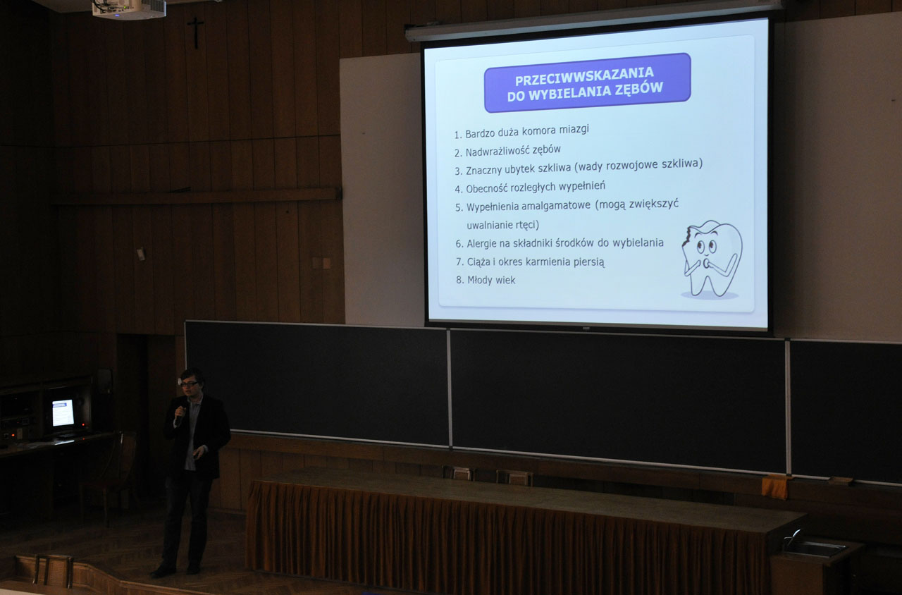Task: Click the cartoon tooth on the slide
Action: [712, 258]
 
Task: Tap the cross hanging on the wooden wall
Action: [196, 32]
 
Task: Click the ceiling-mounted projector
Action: [129, 8]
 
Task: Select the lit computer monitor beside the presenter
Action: [63, 412]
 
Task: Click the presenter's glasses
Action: [190, 384]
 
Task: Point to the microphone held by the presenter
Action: [180, 416]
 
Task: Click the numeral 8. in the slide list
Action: [460, 280]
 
